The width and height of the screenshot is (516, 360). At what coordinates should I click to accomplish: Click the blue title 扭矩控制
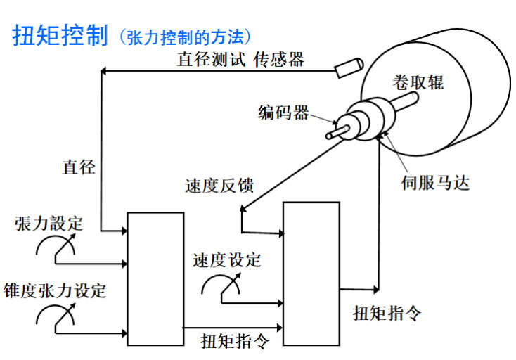click(60, 36)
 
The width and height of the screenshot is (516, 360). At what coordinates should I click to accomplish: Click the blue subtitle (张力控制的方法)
click(185, 37)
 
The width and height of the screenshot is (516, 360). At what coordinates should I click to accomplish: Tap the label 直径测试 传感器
click(240, 60)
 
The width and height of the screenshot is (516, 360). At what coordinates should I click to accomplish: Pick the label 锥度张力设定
click(55, 290)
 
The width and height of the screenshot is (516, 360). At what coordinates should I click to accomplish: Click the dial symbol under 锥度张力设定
click(56, 316)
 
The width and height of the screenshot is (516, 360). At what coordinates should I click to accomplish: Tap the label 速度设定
click(226, 259)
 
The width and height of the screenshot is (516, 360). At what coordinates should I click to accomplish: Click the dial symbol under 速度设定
click(221, 283)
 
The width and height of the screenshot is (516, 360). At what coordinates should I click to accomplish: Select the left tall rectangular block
click(155, 278)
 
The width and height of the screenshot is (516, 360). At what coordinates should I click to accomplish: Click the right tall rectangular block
click(310, 274)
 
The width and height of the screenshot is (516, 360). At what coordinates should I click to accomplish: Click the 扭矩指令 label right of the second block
click(387, 312)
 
